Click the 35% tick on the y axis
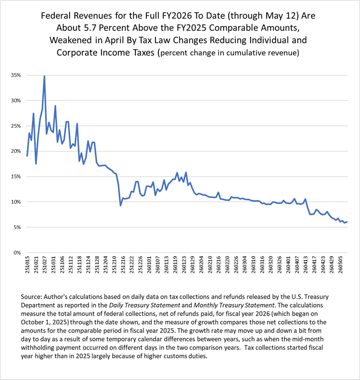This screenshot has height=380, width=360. click(16, 75)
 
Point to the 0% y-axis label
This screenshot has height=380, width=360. click(17, 253)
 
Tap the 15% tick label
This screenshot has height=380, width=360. click(16, 177)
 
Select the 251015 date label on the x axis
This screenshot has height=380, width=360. click(27, 265)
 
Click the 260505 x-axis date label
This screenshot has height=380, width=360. click(341, 265)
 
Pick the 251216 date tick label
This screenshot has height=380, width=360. click(123, 265)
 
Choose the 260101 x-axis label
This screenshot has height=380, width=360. click(149, 265)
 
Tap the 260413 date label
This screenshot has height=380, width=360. click(306, 265)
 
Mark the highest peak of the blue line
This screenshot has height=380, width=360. click(44, 76)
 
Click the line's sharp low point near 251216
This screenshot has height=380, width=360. click(120, 205)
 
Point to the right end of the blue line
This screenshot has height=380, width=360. click(347, 222)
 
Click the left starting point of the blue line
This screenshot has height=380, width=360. click(27, 156)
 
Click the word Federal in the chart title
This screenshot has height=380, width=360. click(56, 16)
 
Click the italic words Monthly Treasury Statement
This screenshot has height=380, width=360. click(234, 305)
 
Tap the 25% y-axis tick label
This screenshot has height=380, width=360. click(16, 126)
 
